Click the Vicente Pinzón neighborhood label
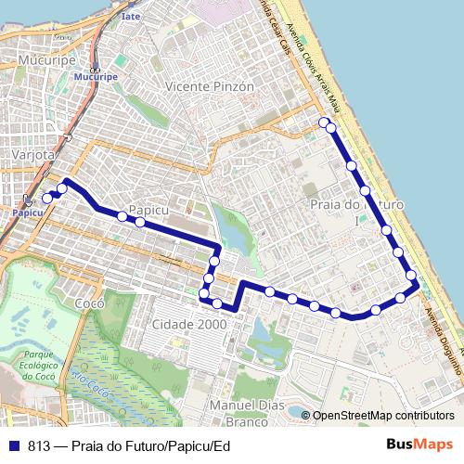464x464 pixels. pos(208,86)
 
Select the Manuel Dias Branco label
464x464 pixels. pos(239,414)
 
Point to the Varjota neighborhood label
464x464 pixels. pos(31,153)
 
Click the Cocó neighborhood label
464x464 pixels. pos(89,303)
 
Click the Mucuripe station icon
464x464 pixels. pos(95,68)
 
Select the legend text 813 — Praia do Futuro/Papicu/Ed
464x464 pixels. pos(128,445)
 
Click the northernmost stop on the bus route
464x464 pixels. pos(323,122)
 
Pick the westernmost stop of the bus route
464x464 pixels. pos(47,197)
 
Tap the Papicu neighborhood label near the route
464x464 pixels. pos(148,210)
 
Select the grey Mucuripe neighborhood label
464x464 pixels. pos(39,61)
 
